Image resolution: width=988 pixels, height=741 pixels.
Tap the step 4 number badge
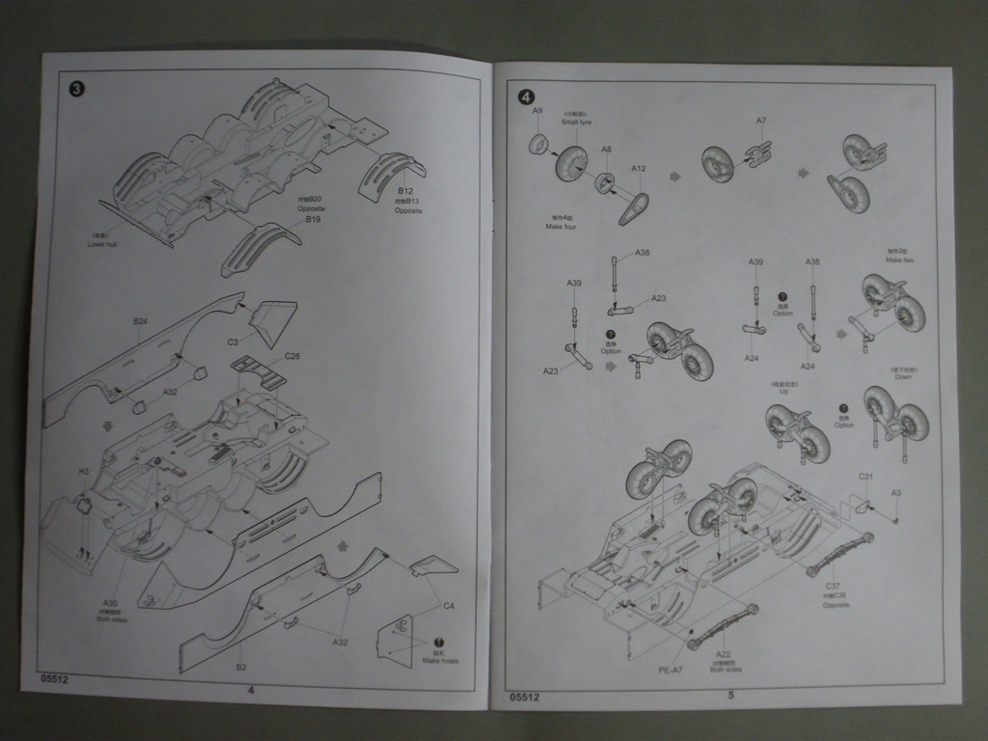coord(525,96)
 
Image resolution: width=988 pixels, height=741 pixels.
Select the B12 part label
coord(405,192)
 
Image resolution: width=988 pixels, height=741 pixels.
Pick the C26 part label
coord(292,356)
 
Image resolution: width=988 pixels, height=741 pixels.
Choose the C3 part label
coord(233,342)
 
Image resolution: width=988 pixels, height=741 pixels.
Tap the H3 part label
coord(84,472)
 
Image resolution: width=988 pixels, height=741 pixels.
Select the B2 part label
coord(241,667)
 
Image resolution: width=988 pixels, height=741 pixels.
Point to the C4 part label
coord(448,606)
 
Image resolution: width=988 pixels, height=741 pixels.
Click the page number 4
coord(251,689)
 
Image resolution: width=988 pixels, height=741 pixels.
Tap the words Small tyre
coord(576,123)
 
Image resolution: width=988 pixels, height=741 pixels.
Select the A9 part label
coord(537,111)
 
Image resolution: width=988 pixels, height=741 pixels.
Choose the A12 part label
coord(639,168)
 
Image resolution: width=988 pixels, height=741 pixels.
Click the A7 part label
coord(760,121)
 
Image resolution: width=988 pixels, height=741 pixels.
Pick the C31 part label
coord(865,477)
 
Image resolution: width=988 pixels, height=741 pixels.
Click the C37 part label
coord(833,587)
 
